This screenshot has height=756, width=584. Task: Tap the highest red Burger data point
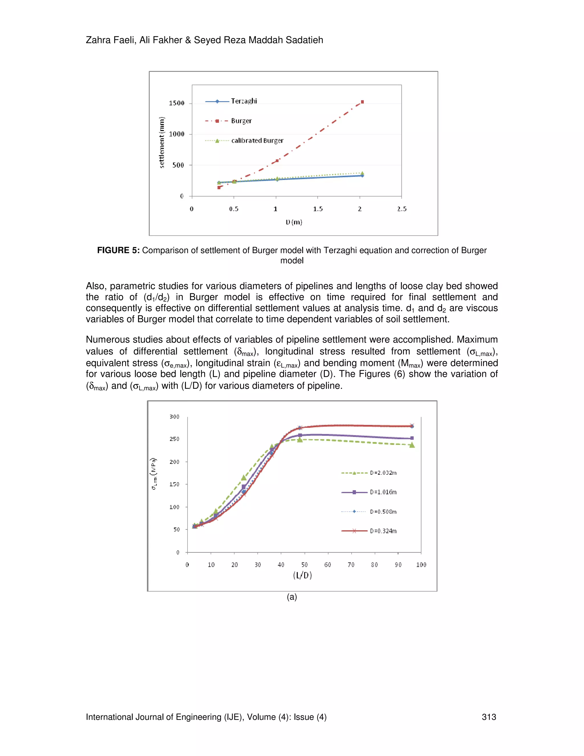[362, 102]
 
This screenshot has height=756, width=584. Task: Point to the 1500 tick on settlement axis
[177, 103]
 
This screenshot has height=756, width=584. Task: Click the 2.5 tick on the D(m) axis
[402, 209]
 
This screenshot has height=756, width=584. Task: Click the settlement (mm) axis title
[162, 142]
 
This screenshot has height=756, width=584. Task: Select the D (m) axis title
[294, 222]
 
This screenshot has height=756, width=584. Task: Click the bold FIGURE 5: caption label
[118, 250]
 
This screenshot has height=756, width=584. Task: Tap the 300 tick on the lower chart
[174, 417]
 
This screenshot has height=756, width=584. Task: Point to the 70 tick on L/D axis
[351, 565]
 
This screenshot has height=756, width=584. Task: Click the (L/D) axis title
[302, 575]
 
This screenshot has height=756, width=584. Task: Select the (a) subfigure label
[292, 597]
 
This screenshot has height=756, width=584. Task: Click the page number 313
[488, 717]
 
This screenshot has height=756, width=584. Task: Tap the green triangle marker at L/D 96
[412, 445]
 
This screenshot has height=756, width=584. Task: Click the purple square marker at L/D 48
[300, 435]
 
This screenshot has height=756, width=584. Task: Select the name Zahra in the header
[98, 40]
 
